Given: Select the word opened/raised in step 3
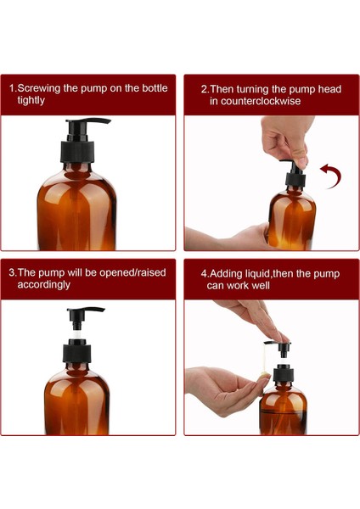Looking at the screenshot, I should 133,272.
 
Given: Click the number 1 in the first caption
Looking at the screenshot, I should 12,88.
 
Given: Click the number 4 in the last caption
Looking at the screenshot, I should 204,274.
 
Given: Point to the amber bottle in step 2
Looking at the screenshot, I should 291,219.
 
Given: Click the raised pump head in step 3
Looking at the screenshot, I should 85,312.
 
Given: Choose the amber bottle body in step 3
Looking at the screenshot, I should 78,399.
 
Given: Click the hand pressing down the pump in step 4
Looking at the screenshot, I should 255,318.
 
